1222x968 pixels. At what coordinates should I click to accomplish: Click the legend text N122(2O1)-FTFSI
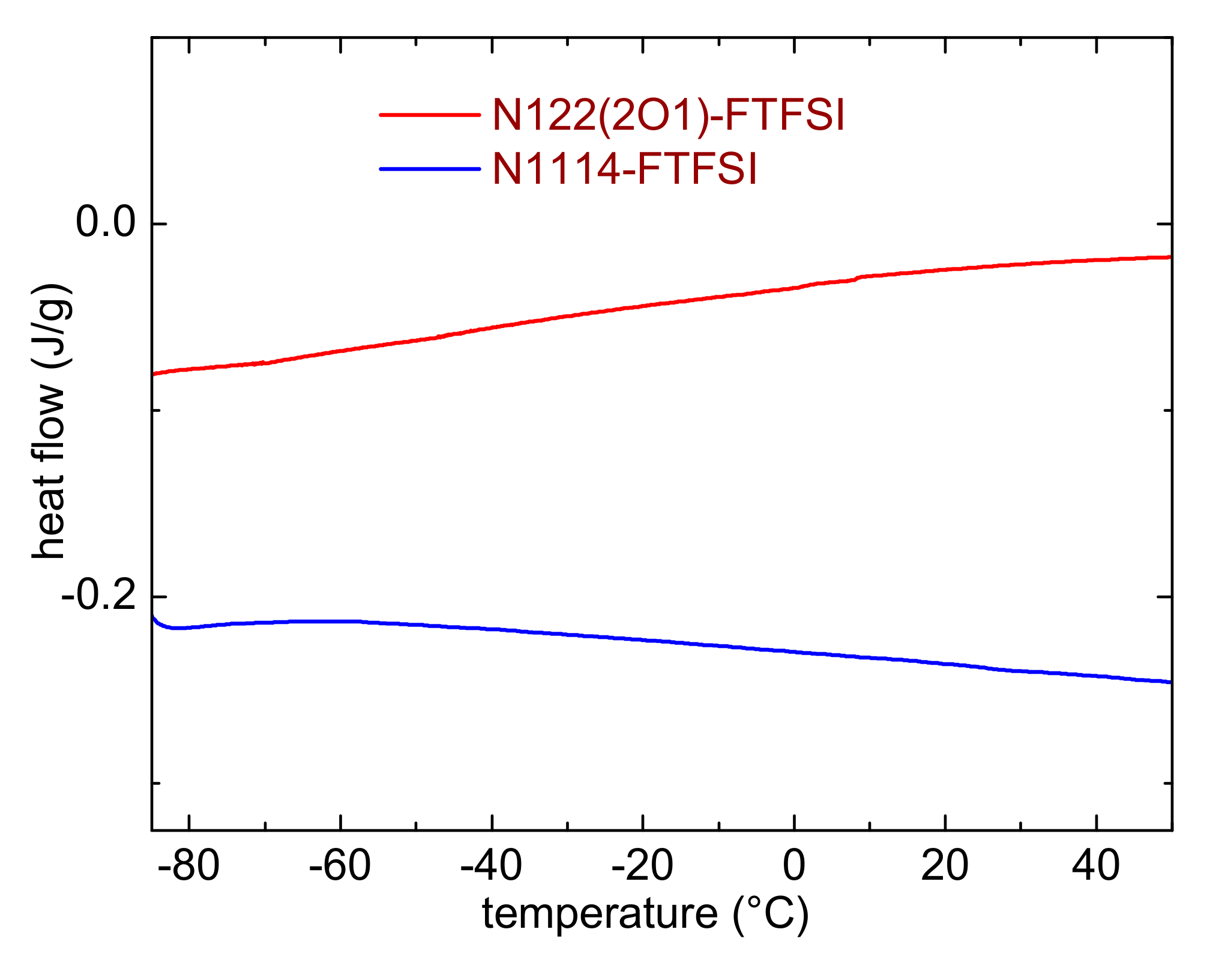pyautogui.click(x=668, y=115)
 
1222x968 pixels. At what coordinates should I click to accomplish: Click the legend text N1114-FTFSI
pyautogui.click(x=624, y=168)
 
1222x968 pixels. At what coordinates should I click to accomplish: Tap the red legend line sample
pyautogui.click(x=430, y=114)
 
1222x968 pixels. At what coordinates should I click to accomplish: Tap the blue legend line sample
pyautogui.click(x=430, y=169)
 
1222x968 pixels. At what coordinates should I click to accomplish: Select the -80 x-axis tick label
pyautogui.click(x=189, y=867)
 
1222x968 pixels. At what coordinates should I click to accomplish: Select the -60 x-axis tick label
pyautogui.click(x=340, y=867)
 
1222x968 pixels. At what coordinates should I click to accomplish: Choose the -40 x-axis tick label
pyautogui.click(x=492, y=867)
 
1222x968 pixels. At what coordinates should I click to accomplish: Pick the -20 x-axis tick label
pyautogui.click(x=642, y=867)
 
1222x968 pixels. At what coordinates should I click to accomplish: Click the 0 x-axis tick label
pyautogui.click(x=794, y=867)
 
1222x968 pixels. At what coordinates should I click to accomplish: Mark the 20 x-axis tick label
pyautogui.click(x=945, y=867)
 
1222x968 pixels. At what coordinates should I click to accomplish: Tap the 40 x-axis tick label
pyautogui.click(x=1096, y=867)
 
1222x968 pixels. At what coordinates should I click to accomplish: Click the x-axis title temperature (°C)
pyautogui.click(x=645, y=915)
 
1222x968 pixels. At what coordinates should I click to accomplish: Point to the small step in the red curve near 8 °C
pyautogui.click(x=857, y=279)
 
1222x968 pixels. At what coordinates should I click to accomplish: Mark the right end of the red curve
pyautogui.click(x=1169, y=257)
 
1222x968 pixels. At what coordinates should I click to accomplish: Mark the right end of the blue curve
pyautogui.click(x=1169, y=682)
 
